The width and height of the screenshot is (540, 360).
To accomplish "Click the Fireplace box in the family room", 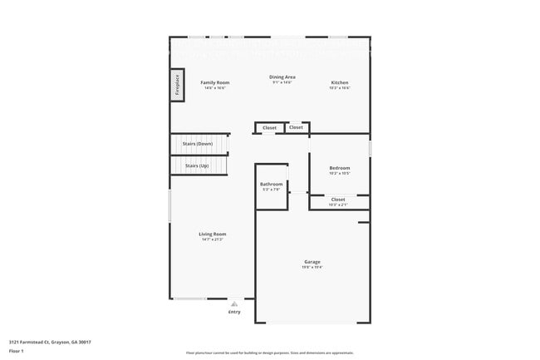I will [x=177, y=85].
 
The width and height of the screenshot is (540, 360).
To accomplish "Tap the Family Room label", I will [x=215, y=82].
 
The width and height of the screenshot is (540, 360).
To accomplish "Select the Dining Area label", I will [x=282, y=77].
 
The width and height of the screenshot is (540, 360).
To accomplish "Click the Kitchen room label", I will [x=340, y=82].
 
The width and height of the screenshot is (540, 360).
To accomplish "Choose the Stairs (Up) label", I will [x=197, y=165].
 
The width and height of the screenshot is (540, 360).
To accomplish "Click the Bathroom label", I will [x=272, y=184].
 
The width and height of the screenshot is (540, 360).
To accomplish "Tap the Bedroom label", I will [x=339, y=168].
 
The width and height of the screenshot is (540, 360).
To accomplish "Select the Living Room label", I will [x=213, y=234].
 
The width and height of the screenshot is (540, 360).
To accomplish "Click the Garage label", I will [x=312, y=262].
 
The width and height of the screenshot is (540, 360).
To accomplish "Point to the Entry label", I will [x=234, y=312].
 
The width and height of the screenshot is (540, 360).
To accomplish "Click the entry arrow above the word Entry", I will [x=235, y=303].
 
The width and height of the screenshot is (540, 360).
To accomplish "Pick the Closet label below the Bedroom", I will [x=338, y=200].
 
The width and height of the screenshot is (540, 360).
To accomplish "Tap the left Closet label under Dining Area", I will [x=269, y=128].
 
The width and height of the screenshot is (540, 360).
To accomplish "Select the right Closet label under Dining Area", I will [x=296, y=127].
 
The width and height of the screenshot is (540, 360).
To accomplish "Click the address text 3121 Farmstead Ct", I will [x=50, y=342].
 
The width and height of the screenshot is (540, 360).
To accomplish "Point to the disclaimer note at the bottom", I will [x=269, y=353].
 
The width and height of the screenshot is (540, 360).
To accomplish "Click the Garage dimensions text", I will [x=312, y=267].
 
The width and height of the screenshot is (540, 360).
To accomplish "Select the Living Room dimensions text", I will [x=213, y=239].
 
